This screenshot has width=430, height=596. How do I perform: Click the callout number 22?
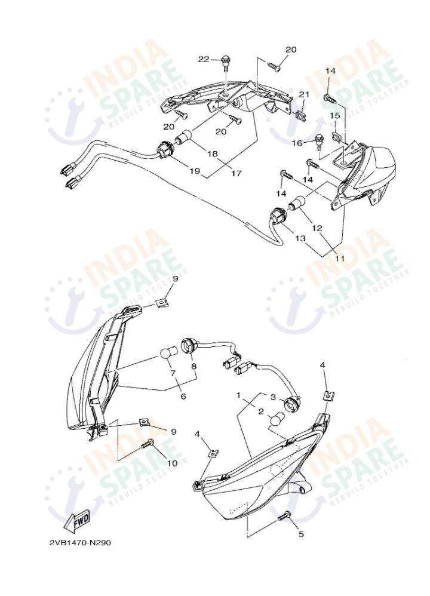[x=204, y=59]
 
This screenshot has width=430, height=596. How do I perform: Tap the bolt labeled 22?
[x=226, y=63]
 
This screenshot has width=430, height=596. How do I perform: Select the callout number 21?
[x=304, y=94]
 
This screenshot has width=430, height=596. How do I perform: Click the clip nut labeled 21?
[x=301, y=115]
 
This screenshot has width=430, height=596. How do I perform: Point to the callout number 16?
[x=297, y=143]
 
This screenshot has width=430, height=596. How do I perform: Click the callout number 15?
[x=334, y=115]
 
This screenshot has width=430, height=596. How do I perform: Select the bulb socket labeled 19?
[x=165, y=149]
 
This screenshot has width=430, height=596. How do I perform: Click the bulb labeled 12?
[x=297, y=202]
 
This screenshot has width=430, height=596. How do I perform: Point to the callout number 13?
[x=300, y=238]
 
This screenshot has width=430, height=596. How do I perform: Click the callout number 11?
[x=339, y=258]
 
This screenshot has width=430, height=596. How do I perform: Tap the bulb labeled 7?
[x=168, y=352]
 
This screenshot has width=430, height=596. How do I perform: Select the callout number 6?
[x=183, y=396]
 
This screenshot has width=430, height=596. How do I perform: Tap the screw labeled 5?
[x=284, y=516]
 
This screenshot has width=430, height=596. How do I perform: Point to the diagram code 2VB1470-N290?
[x=80, y=542]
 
